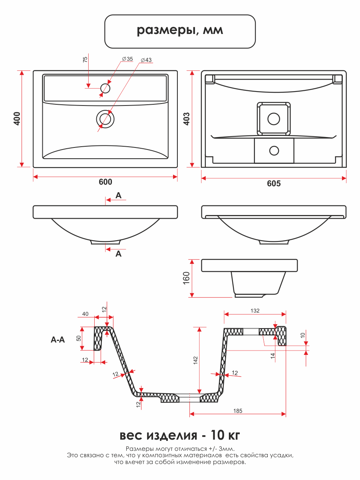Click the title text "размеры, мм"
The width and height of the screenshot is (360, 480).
pos(180,31)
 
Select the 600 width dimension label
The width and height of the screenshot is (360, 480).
pos(105,182)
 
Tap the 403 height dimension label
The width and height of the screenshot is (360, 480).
pos(186,119)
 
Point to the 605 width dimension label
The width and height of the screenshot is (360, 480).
pos(274,183)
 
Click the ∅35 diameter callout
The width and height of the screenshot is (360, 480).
pos(127,59)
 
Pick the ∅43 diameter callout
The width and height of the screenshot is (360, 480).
pos(146,60)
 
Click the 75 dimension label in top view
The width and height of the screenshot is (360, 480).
pos(85,60)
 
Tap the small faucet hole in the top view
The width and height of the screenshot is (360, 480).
pos(105,88)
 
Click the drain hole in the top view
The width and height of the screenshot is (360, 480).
pos(105,119)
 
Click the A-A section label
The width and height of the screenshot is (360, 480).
pos(58,340)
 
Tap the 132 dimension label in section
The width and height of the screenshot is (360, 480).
pos(255,311)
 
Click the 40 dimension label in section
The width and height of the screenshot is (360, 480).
pos(85,314)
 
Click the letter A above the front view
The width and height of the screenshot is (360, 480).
pos(118,195)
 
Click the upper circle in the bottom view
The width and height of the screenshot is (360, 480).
pos(274,118)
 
